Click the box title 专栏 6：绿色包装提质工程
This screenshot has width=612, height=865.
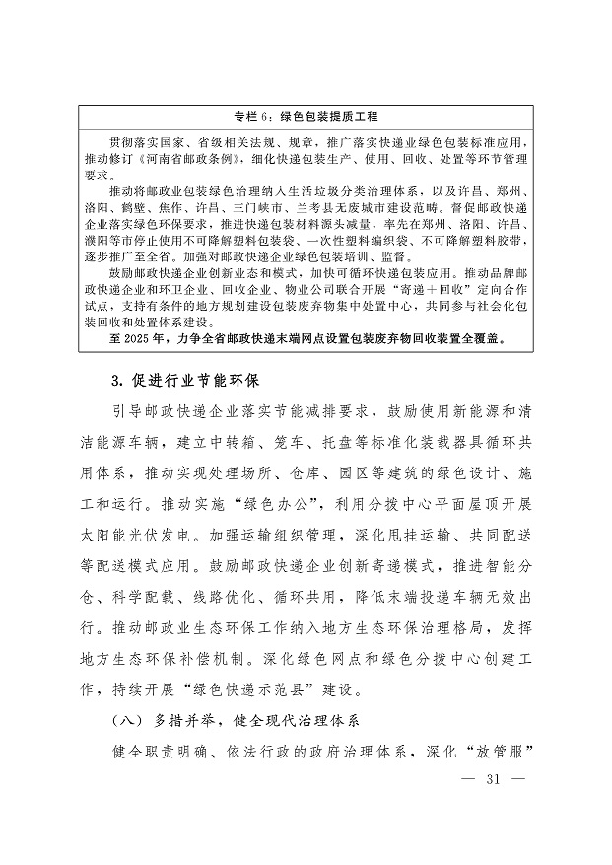pyautogui.click(x=305, y=116)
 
